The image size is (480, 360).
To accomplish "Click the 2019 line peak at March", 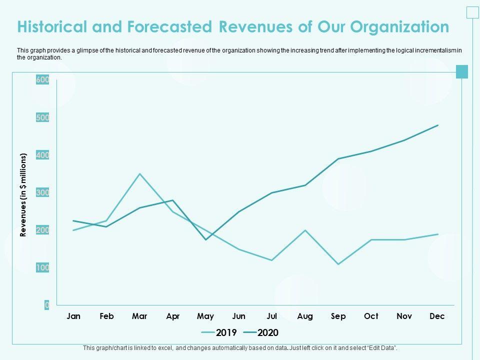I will (x=140, y=173).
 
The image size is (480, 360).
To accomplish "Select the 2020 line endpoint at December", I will (x=438, y=125).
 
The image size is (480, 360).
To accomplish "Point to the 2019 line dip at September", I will (x=338, y=264).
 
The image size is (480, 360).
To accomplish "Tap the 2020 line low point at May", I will (x=206, y=240).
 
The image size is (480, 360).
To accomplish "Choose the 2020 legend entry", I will (x=261, y=332).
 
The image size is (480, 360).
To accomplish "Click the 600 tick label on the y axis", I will (x=42, y=80).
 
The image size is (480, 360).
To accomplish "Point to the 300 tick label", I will (x=42, y=192).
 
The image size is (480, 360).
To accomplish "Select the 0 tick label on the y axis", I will (x=46, y=305).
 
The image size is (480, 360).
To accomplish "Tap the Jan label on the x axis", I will (x=73, y=316).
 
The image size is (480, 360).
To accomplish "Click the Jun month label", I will (x=239, y=316).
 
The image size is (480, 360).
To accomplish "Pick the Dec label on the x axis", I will (x=437, y=316).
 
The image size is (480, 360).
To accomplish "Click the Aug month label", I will (x=305, y=316).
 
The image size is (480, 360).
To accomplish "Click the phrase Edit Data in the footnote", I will (x=382, y=347).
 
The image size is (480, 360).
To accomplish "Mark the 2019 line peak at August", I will (x=305, y=230).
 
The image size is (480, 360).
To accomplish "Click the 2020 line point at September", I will (x=338, y=159).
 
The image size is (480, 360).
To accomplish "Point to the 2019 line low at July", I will (x=272, y=260).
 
